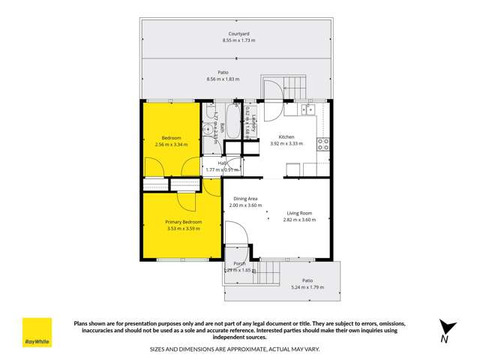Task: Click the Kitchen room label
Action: point(286,136)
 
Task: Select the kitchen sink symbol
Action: point(308,110)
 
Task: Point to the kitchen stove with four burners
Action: point(324,144)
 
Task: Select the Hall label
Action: point(223,163)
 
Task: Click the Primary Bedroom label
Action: point(183,223)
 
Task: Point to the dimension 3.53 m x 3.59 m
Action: point(183,229)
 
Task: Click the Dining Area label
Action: point(246,198)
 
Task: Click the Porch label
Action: point(239,264)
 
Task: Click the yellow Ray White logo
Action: point(37,332)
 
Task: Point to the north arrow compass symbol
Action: point(448,328)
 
